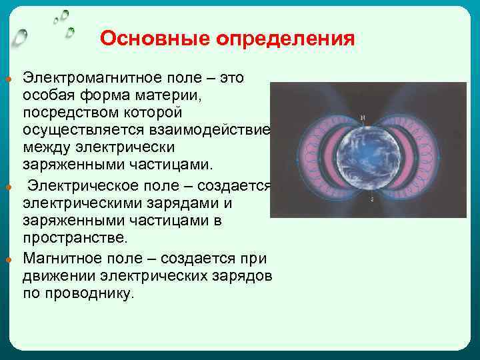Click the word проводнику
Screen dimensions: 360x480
tap(98, 293)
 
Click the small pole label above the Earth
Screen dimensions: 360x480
tap(364, 118)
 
